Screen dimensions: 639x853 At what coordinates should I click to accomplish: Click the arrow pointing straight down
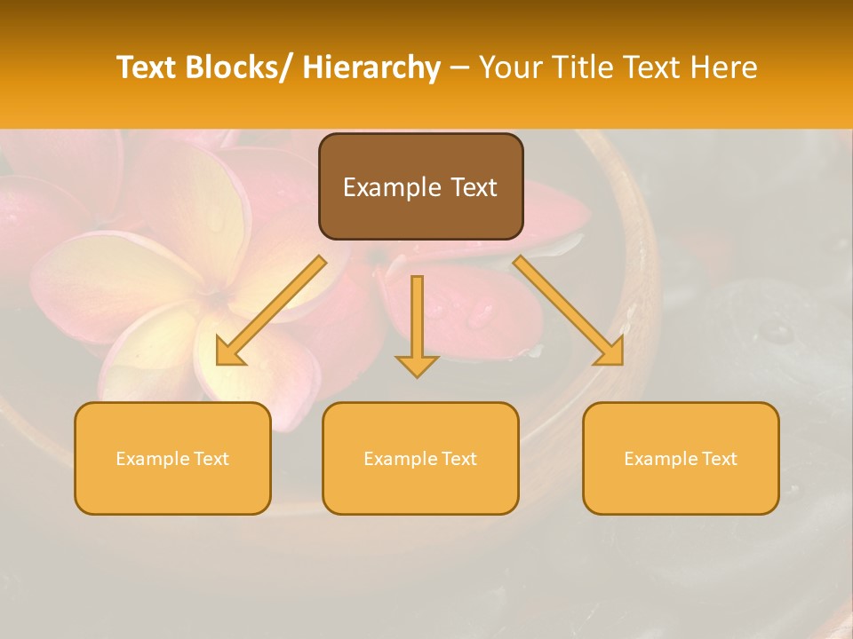pyautogui.click(x=417, y=324)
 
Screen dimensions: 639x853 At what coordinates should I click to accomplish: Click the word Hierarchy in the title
pyautogui.click(x=371, y=67)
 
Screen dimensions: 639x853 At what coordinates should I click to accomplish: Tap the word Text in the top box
pyautogui.click(x=473, y=187)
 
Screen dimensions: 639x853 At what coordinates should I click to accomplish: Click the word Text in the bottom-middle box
pyautogui.click(x=455, y=459)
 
